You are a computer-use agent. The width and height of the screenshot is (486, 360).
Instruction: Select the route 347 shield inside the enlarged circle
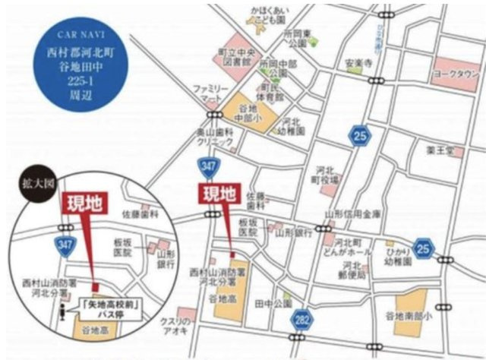click(62, 243)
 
